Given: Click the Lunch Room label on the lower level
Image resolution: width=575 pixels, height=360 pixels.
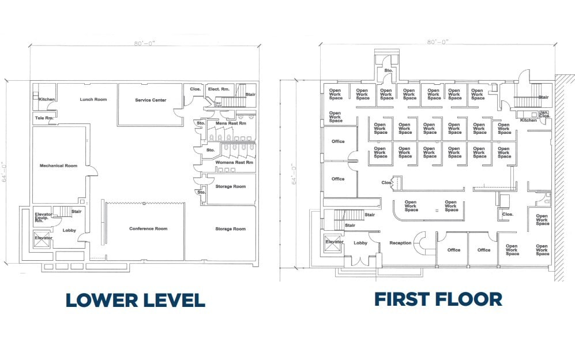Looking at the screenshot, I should (93, 99).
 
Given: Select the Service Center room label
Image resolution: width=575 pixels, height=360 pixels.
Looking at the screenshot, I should (151, 100).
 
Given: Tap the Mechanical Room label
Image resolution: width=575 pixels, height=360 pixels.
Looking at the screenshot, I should (58, 166).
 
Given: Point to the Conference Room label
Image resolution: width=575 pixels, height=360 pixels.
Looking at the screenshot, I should (148, 228).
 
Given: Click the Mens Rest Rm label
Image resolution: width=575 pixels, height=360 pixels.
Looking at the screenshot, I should (230, 123).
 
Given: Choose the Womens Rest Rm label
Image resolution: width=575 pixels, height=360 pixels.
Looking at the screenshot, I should (234, 162).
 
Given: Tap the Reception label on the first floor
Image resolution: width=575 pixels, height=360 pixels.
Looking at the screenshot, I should (400, 243).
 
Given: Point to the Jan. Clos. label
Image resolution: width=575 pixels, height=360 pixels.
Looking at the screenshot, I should (543, 114).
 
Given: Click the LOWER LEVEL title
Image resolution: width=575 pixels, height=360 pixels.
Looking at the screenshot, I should (135, 300).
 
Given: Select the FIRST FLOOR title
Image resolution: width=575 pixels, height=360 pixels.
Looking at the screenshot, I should (438, 299).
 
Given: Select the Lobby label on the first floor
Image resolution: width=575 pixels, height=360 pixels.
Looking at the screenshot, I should (360, 243).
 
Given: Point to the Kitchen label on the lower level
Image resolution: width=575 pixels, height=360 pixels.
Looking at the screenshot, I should (47, 99).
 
